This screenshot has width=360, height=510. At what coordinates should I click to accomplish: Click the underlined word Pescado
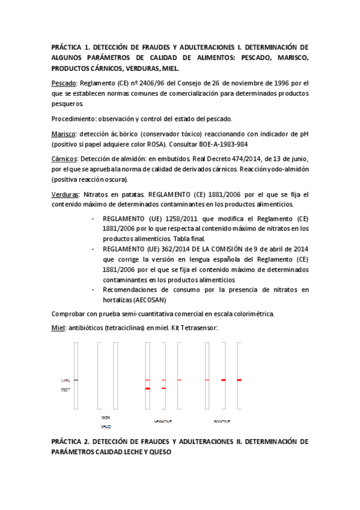pyautogui.click(x=63, y=82)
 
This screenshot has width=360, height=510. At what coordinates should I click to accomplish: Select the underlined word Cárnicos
pyautogui.click(x=64, y=158)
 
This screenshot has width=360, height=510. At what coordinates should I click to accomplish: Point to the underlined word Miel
pyautogui.click(x=58, y=327)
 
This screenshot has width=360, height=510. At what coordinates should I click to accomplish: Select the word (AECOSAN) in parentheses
pyautogui.click(x=148, y=300)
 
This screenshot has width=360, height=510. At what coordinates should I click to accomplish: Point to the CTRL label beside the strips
pyautogui.click(x=66, y=381)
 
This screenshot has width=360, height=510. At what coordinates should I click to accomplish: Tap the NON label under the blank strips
pyautogui.click(x=106, y=417)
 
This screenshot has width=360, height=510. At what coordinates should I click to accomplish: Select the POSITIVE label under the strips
pyautogui.click(x=222, y=421)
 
